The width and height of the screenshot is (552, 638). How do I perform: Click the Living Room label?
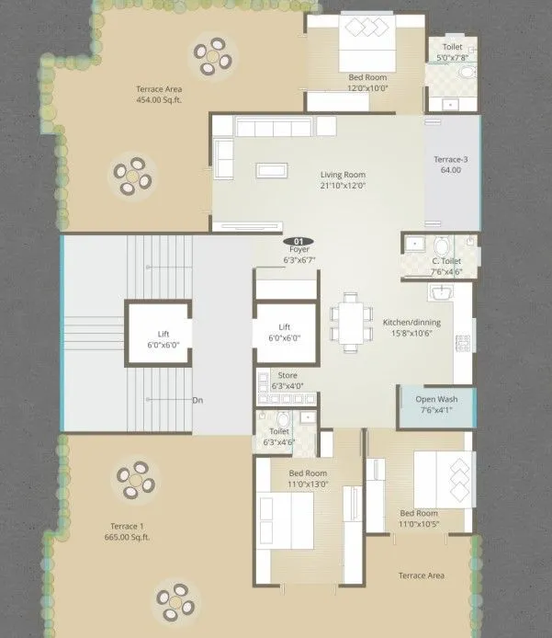343,174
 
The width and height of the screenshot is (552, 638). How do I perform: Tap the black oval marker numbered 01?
299,240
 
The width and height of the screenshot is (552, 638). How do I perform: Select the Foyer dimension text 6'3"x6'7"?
299,261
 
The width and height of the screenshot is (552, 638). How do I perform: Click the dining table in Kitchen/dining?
348,322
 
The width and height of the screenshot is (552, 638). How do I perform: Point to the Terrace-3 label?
451,159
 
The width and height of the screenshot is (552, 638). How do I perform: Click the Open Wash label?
436,399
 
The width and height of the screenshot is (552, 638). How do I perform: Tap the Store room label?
288,375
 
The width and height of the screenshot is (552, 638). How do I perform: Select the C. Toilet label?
447,260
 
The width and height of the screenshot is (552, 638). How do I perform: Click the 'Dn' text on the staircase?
197,400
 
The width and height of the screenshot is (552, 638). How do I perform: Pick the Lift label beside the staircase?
163,333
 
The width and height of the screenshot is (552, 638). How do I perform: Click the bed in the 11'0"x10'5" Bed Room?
444,477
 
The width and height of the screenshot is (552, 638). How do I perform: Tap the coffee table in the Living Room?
270,169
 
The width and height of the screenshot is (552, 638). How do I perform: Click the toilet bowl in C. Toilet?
442,245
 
